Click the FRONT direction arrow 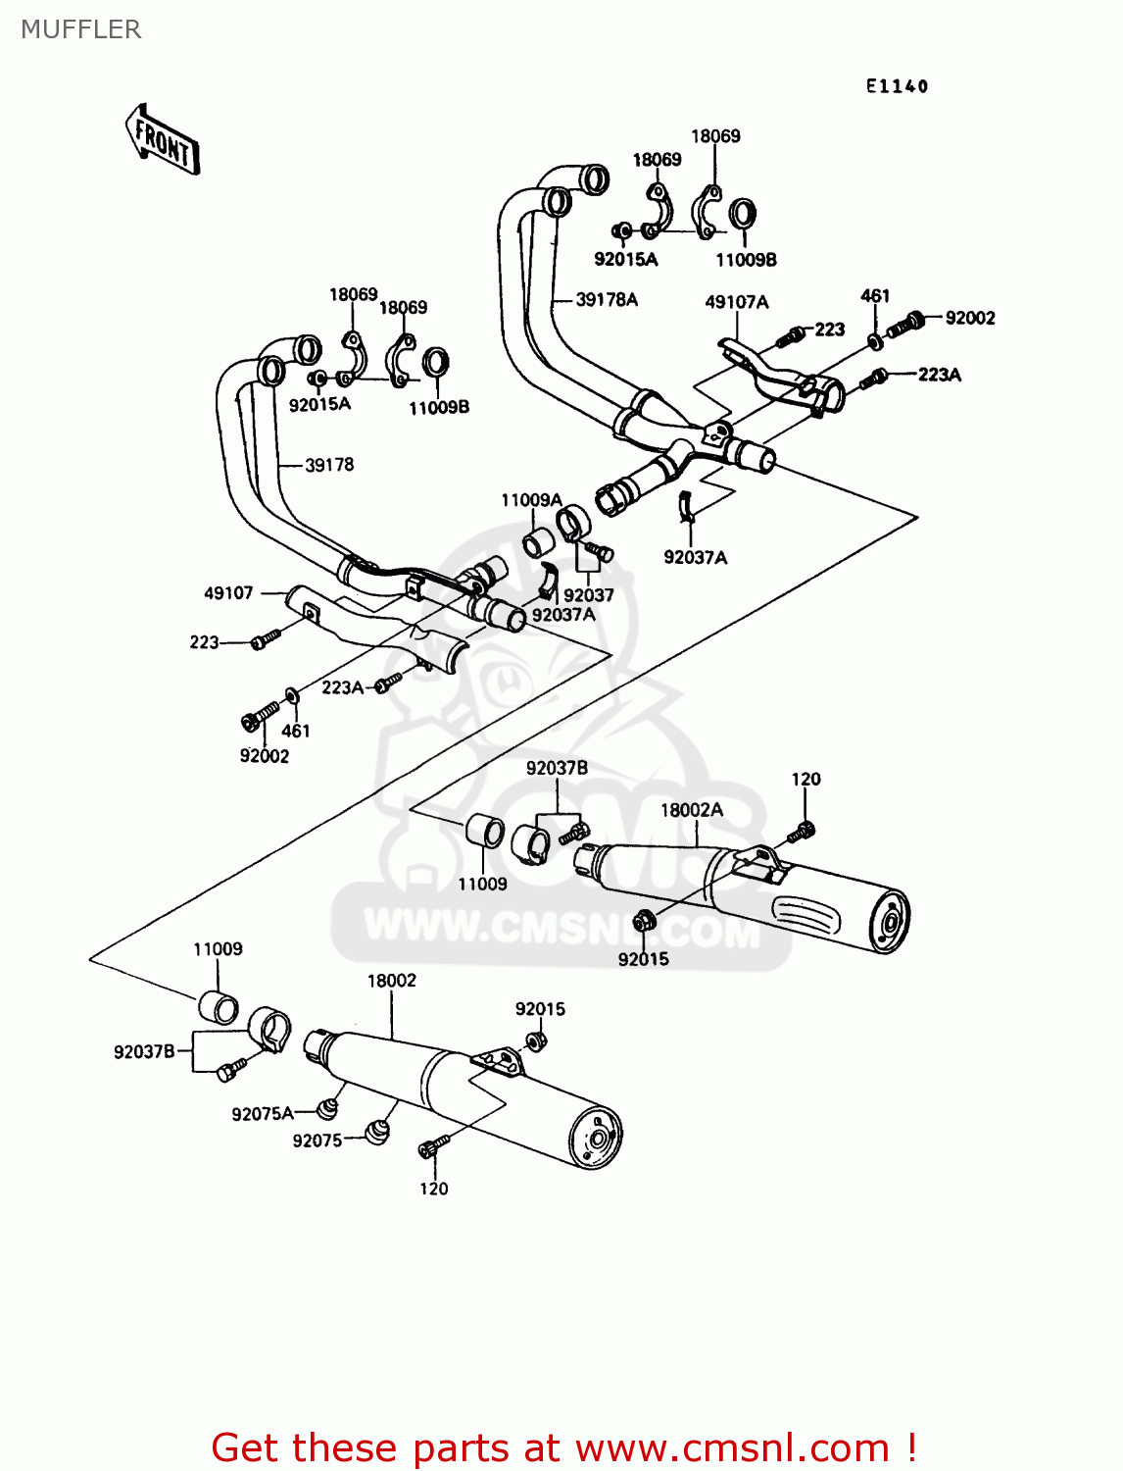tap(163, 141)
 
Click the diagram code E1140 tap(896, 86)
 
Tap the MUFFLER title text tap(80, 29)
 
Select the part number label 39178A tap(606, 299)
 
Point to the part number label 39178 tap(329, 465)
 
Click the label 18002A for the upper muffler tap(691, 810)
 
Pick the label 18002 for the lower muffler tap(391, 981)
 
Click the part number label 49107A tap(736, 302)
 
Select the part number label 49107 tap(228, 593)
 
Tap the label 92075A tap(262, 1114)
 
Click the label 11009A tap(531, 500)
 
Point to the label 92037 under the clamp tap(588, 595)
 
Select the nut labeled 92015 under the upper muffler tap(644, 921)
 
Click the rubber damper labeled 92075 tap(376, 1131)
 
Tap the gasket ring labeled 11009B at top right tap(742, 213)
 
